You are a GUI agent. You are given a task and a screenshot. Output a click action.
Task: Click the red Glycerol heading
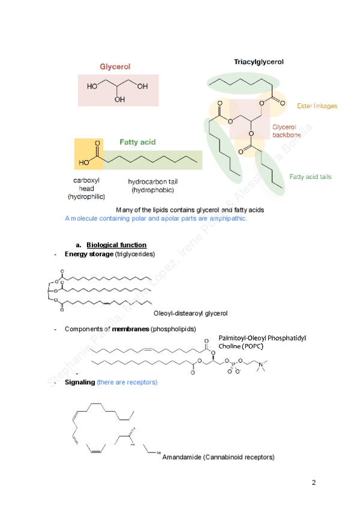tap(115, 67)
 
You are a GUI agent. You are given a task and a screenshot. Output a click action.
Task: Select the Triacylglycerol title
tap(259, 62)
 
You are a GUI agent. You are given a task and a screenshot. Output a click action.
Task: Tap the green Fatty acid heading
tap(137, 142)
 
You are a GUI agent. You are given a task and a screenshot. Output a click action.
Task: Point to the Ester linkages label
tap(317, 106)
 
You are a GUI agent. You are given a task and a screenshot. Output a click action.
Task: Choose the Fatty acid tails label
tap(310, 176)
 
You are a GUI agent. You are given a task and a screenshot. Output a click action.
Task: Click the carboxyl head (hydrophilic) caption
tap(86, 188)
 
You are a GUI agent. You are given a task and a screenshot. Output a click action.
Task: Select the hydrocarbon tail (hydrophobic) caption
tap(152, 185)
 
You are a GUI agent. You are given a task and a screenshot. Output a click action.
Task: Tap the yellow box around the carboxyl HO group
tap(88, 154)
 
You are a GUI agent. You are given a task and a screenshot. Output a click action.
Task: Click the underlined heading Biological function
tap(116, 245)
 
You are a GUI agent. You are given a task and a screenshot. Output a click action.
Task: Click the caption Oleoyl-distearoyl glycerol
tap(190, 313)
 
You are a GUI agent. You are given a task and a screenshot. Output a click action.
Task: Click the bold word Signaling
tap(80, 382)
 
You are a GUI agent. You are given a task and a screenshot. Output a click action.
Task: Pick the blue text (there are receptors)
tap(127, 382)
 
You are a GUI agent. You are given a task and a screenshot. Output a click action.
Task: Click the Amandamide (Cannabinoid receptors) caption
tap(218, 457)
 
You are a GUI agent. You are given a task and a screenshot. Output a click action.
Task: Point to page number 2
tap(314, 483)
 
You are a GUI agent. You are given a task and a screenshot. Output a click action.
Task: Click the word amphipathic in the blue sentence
tap(228, 218)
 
